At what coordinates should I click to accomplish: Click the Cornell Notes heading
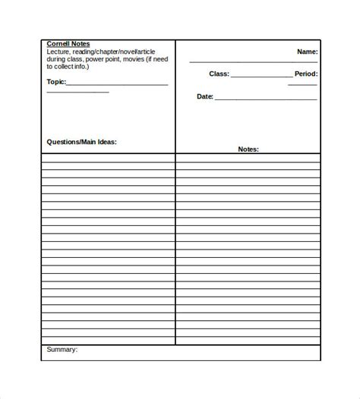[x=68, y=44]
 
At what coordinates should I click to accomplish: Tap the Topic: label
[x=56, y=81]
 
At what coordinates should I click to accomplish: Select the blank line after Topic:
[x=117, y=84]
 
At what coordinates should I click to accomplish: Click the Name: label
[x=307, y=52]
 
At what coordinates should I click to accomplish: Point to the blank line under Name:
[x=254, y=61]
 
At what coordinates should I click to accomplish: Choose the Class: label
[x=219, y=74]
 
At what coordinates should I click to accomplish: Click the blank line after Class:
[x=261, y=77]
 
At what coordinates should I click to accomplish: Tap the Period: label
[x=306, y=74]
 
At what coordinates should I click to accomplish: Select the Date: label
[x=205, y=97]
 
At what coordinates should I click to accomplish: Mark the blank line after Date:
[x=266, y=99]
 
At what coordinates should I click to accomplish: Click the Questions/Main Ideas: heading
[x=81, y=142]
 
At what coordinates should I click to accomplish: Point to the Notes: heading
[x=248, y=149]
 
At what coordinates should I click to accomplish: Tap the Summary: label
[x=62, y=350]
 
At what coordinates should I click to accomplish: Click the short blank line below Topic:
[x=77, y=92]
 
